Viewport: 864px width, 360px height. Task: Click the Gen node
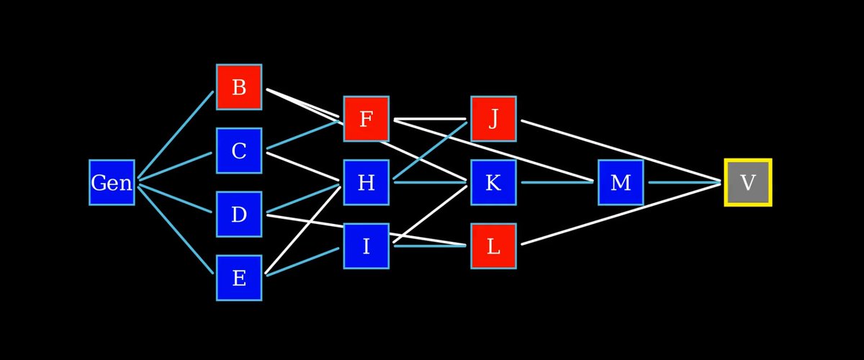(112, 182)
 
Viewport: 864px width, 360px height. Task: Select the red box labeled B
(239, 87)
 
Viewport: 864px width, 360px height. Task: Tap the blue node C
(239, 151)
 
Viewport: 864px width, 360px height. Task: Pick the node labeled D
(239, 214)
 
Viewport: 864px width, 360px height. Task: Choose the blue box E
(239, 277)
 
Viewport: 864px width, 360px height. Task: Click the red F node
(366, 119)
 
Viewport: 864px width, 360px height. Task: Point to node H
(366, 182)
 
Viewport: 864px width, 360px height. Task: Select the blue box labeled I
(366, 246)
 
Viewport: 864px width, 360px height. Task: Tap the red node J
(493, 119)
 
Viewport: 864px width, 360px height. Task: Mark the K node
(493, 182)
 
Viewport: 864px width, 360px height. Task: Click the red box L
(493, 246)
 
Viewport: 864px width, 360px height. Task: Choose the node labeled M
(621, 182)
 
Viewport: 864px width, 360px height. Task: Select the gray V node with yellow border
(748, 182)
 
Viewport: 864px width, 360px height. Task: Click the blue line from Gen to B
(176, 135)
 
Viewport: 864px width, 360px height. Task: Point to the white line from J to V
(619, 150)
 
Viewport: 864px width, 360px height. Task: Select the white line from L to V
(619, 214)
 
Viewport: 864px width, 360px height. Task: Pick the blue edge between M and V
(684, 182)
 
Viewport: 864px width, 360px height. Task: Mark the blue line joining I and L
(430, 246)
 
